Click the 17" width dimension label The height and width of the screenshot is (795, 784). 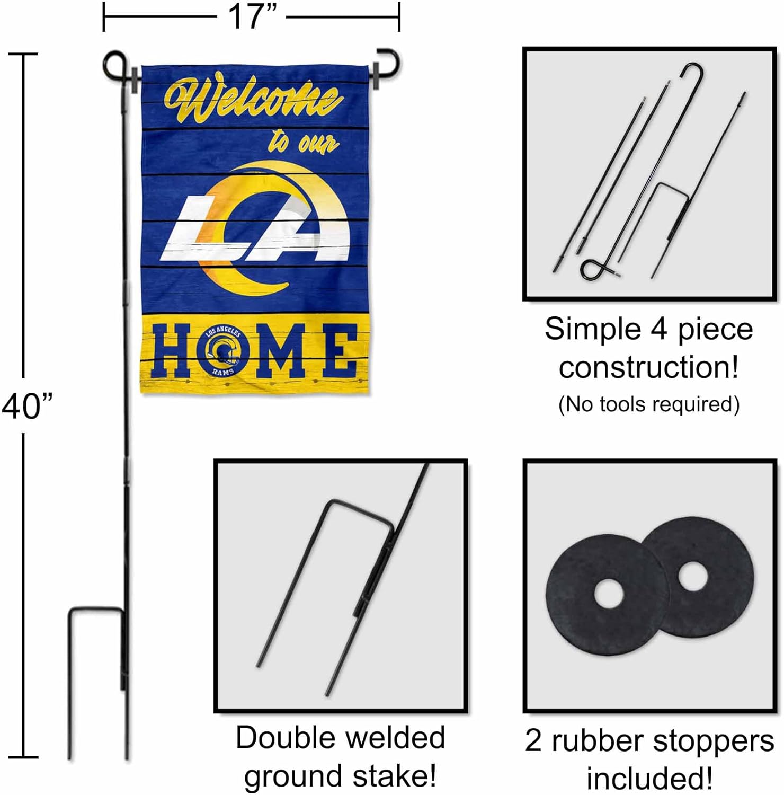pyautogui.click(x=251, y=17)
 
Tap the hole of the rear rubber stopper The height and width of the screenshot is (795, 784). pyautogui.click(x=691, y=576)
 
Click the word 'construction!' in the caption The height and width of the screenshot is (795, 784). pyautogui.click(x=648, y=367)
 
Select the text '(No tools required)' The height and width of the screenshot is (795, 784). pyautogui.click(x=648, y=404)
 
